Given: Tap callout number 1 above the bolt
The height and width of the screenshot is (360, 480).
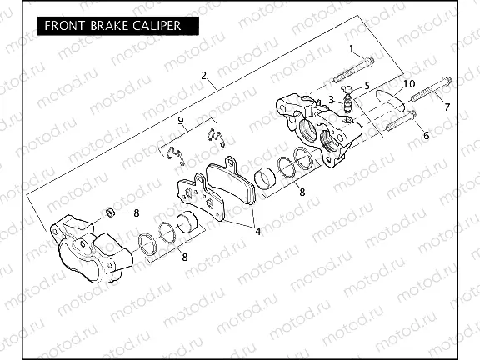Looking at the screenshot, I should (x=352, y=48).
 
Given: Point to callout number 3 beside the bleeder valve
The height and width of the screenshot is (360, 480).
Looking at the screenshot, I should (x=331, y=99).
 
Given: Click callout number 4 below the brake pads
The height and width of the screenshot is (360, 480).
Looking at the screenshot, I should (x=257, y=231).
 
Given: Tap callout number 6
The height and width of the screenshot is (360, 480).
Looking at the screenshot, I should (x=426, y=136).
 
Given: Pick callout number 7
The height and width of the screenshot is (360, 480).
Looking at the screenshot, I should (x=447, y=107).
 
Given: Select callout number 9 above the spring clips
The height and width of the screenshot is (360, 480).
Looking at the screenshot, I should (x=179, y=122).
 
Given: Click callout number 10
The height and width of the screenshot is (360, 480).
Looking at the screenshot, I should (x=408, y=84).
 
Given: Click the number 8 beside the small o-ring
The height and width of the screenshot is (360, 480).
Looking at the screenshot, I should (x=137, y=213).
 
